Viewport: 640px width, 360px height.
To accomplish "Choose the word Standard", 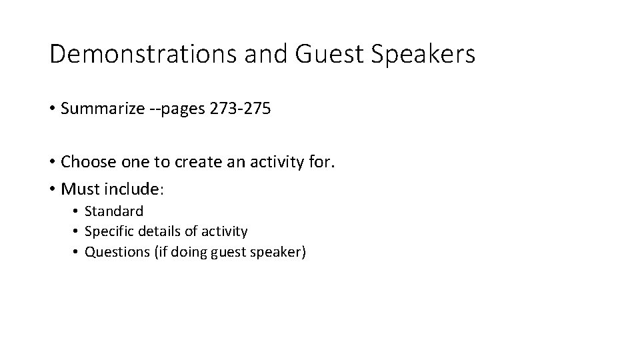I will pos(114,211).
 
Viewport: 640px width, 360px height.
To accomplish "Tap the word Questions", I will pos(117,253).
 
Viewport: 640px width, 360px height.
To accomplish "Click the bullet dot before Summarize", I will pos(52,109).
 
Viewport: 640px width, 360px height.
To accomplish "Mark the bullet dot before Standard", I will pos(77,212).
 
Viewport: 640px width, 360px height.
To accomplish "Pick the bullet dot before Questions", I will pos(77,253).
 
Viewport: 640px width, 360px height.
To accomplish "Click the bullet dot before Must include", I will pos(52,190).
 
